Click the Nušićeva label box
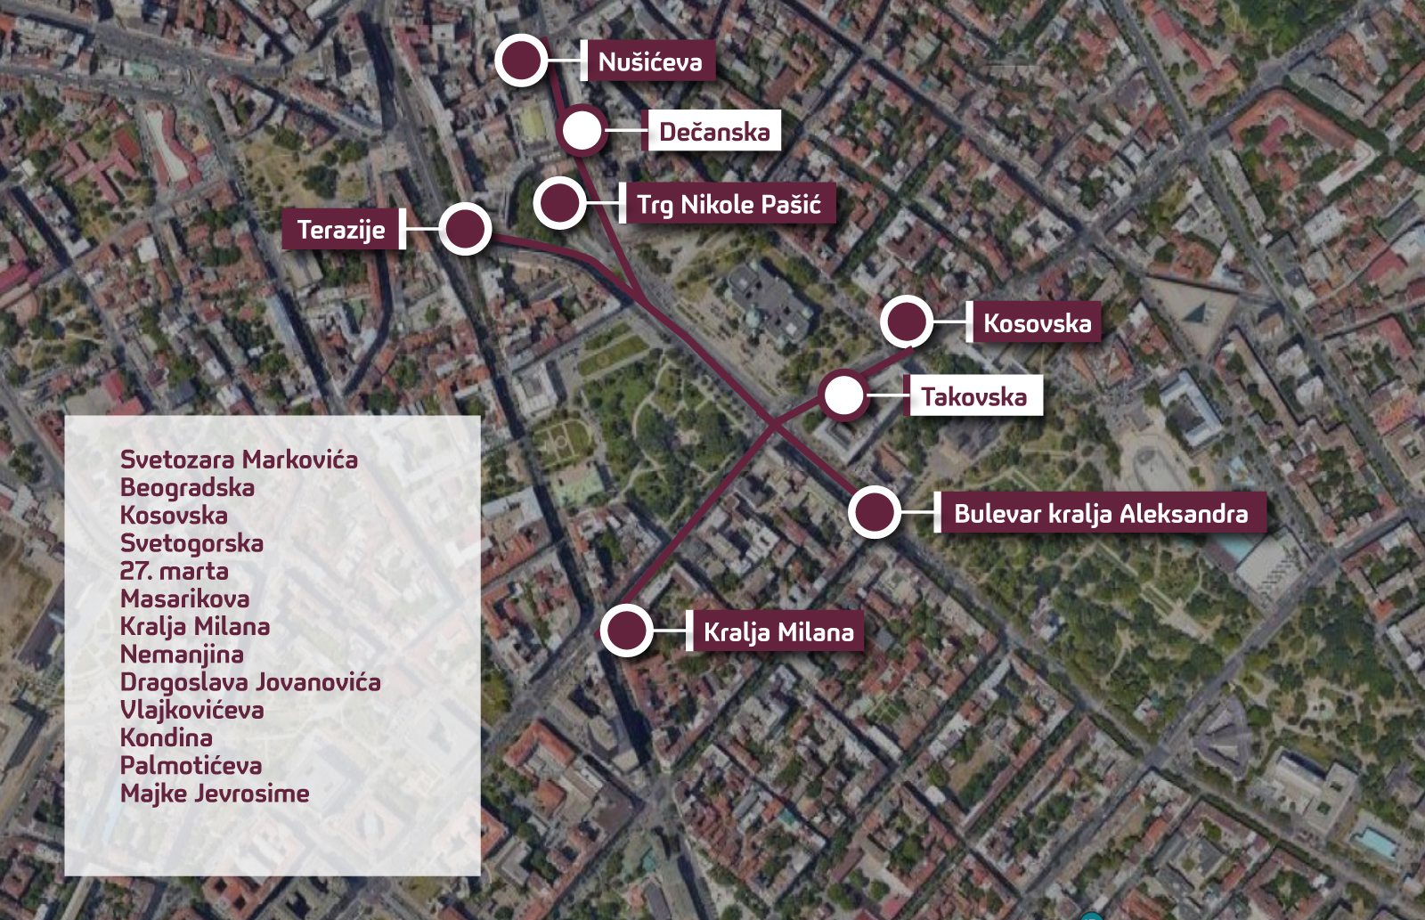pyautogui.click(x=650, y=61)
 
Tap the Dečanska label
pyautogui.click(x=714, y=132)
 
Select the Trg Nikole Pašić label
pyautogui.click(x=729, y=205)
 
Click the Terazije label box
pyautogui.click(x=341, y=230)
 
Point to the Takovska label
pyautogui.click(x=973, y=396)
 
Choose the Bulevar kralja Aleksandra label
pyautogui.click(x=1101, y=513)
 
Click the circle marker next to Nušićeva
pyautogui.click(x=521, y=61)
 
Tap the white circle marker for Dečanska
pyautogui.click(x=582, y=131)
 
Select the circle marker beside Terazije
pyautogui.click(x=465, y=229)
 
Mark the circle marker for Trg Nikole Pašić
pyautogui.click(x=559, y=202)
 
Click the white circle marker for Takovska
pyautogui.click(x=843, y=395)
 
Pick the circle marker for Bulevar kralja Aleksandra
pyautogui.click(x=875, y=512)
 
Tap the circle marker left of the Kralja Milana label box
pyautogui.click(x=626, y=631)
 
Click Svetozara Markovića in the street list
pyautogui.click(x=239, y=460)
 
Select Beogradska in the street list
pyautogui.click(x=187, y=487)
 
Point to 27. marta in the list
pyautogui.click(x=174, y=571)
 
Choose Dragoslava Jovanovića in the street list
pyautogui.click(x=250, y=682)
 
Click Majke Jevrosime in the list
pyautogui.click(x=215, y=794)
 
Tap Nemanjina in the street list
pyautogui.click(x=182, y=655)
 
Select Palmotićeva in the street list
pyautogui.click(x=191, y=766)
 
